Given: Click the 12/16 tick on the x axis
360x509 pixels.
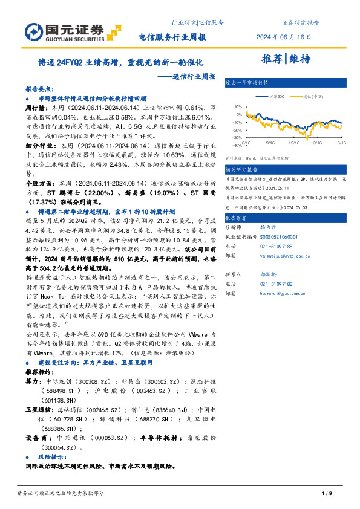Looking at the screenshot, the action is click(x=294, y=143).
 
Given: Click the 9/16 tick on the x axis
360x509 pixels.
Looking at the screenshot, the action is click(x=270, y=143).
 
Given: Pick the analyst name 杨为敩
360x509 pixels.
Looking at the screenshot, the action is click(x=269, y=227).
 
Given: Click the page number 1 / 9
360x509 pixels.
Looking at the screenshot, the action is click(x=326, y=494).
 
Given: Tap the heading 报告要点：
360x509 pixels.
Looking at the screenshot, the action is click(x=40, y=87).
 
